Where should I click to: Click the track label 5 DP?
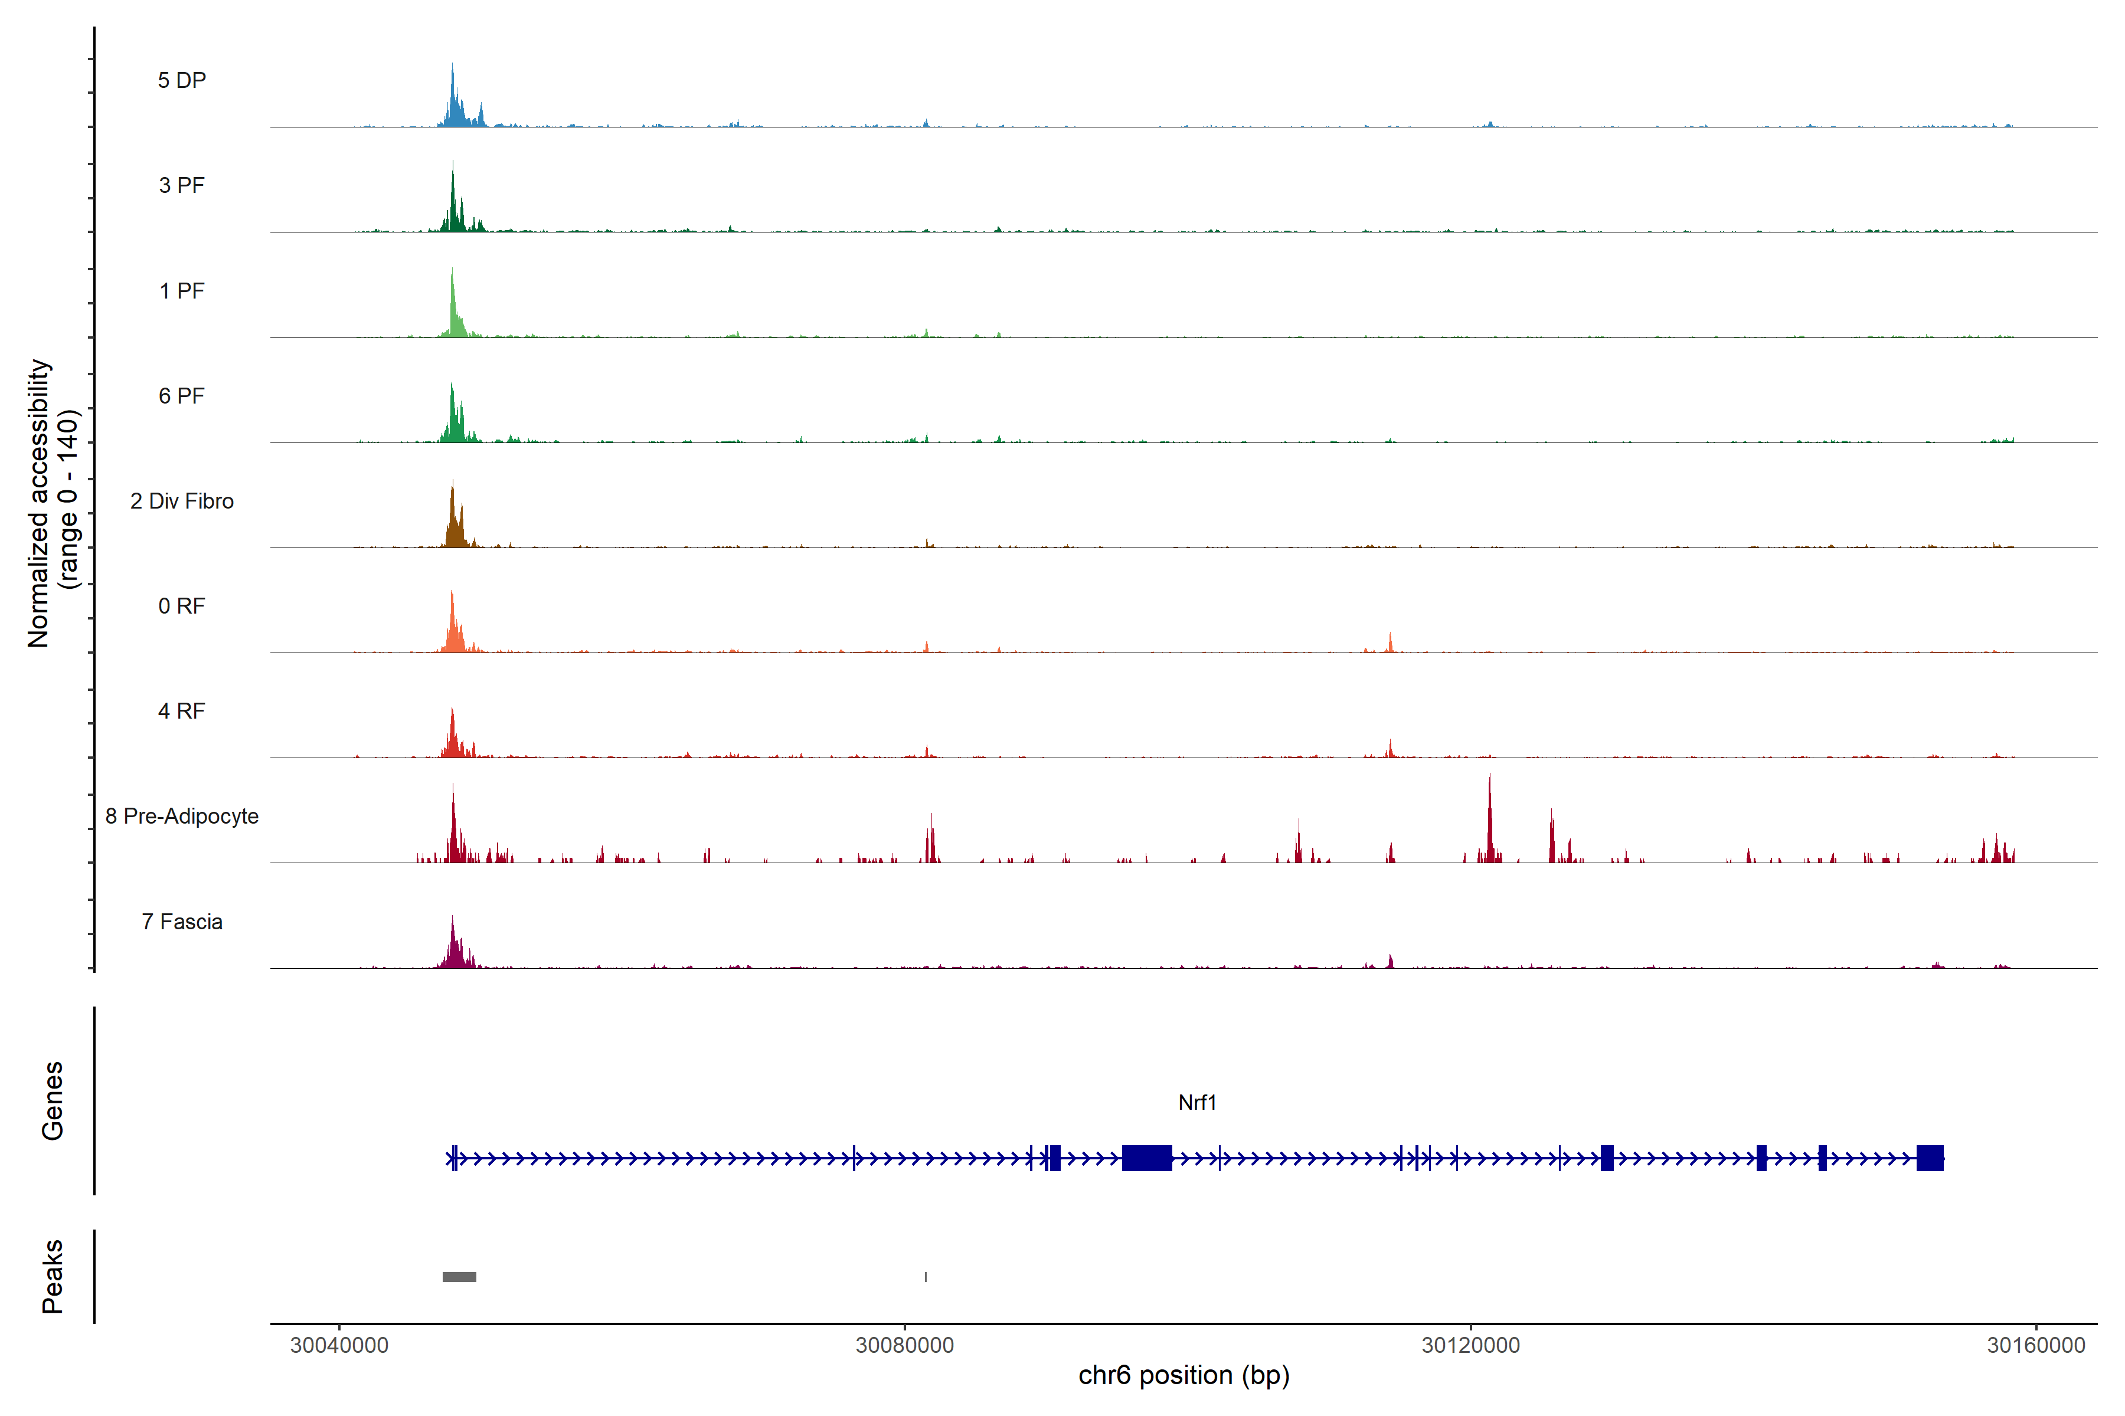tap(182, 80)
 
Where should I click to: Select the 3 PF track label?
tap(182, 185)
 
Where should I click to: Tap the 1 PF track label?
tap(182, 291)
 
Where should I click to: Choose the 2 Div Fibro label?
tap(182, 501)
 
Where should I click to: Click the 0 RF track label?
tap(182, 606)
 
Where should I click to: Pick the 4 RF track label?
tap(182, 711)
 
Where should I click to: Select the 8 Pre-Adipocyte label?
tap(182, 817)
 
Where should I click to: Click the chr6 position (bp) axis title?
tap(1184, 1375)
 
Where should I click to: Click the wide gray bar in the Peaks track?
tap(459, 1277)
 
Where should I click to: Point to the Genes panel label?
tap(53, 1101)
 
